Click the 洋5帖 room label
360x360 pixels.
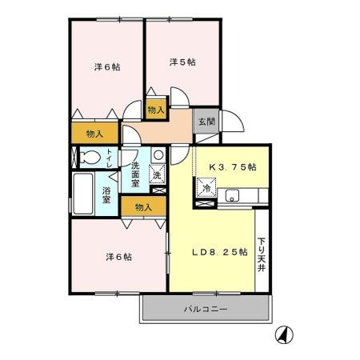tap(182, 62)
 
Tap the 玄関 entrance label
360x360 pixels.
tap(206, 122)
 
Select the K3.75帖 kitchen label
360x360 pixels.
tap(233, 167)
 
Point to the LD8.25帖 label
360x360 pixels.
tap(220, 252)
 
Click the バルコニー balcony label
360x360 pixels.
tap(206, 310)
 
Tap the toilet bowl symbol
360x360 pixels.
tap(90, 158)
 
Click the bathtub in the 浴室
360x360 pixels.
tap(83, 194)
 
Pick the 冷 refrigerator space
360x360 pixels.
tap(206, 187)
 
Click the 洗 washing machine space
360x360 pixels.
tap(157, 174)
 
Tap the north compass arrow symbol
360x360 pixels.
tap(284, 334)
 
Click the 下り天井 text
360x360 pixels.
tap(262, 254)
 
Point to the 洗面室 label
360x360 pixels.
tap(135, 174)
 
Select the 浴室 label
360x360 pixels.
tap(106, 195)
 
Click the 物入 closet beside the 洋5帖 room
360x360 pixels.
tap(156, 109)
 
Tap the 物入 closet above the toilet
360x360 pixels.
tap(94, 134)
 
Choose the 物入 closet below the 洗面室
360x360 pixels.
tap(143, 206)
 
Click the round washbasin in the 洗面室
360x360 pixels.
tap(158, 154)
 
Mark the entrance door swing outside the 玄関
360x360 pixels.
tap(232, 121)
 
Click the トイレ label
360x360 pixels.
tap(110, 158)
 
